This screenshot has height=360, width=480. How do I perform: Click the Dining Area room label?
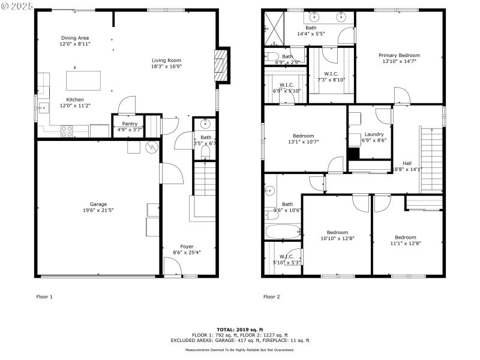pyautogui.click(x=74, y=38)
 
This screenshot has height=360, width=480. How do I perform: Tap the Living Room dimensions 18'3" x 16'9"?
pyautogui.click(x=166, y=67)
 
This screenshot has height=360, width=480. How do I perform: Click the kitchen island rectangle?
pyautogui.click(x=83, y=79)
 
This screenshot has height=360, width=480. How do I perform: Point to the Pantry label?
pyautogui.click(x=130, y=124)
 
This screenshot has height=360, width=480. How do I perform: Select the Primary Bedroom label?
pyautogui.click(x=401, y=55)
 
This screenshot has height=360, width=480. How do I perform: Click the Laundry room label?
pyautogui.click(x=374, y=134)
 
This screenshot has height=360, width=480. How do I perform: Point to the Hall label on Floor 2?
pyautogui.click(x=407, y=163)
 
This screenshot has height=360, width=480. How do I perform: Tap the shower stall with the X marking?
pyautogui.click(x=274, y=29)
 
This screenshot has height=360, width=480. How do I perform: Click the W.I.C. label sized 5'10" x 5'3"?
pyautogui.click(x=286, y=256)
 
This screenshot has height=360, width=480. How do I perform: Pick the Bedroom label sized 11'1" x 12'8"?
pyautogui.click(x=406, y=237)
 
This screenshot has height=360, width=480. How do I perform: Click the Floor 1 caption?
pyautogui.click(x=45, y=296)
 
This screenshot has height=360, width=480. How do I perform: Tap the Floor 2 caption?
pyautogui.click(x=272, y=296)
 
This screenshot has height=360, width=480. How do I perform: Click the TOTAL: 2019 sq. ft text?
pyautogui.click(x=239, y=329)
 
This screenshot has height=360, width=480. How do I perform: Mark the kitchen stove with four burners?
pyautogui.click(x=66, y=129)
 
